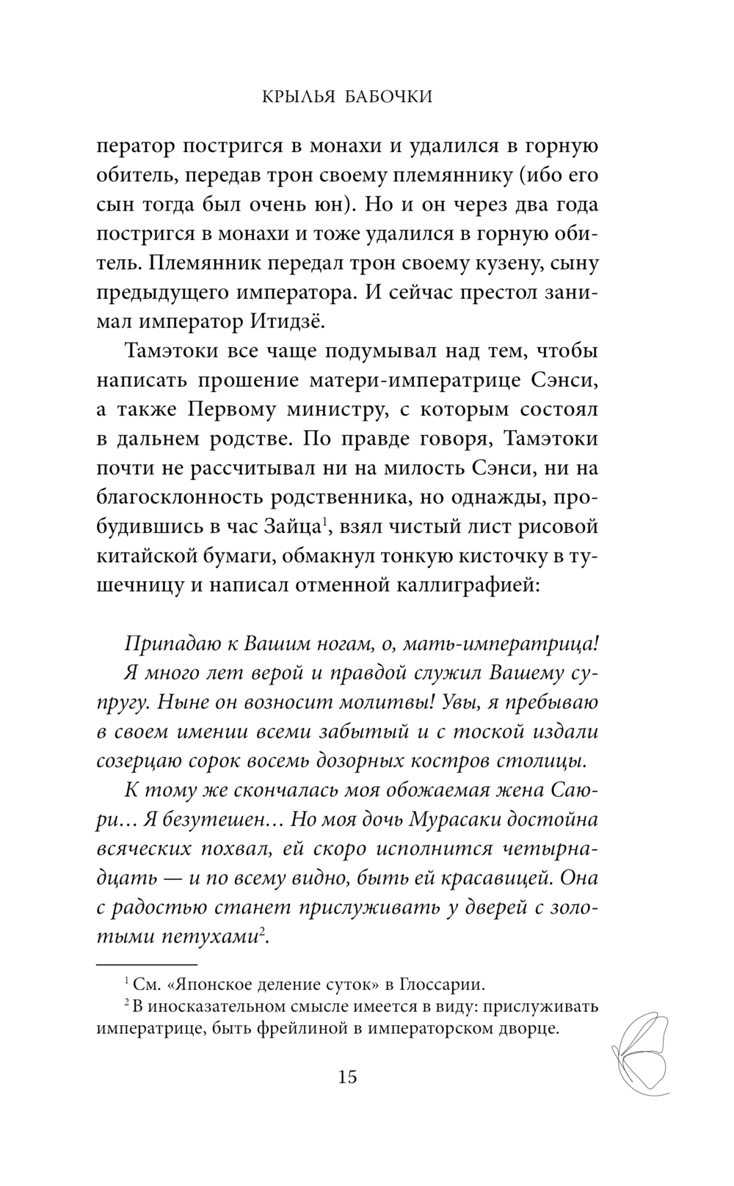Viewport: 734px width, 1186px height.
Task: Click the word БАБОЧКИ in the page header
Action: pyautogui.click(x=389, y=97)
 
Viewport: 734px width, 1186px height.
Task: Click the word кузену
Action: pyautogui.click(x=517, y=262)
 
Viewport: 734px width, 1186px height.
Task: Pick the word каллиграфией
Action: pyautogui.click(x=461, y=585)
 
